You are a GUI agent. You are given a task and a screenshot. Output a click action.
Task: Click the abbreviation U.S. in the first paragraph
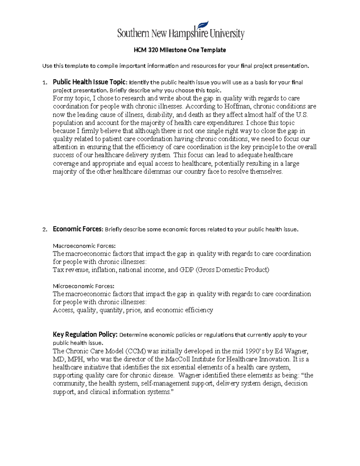coord(302,115)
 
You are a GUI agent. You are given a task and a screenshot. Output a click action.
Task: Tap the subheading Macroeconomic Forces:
coord(84,246)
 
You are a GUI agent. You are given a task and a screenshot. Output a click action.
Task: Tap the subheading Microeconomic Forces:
coord(84,286)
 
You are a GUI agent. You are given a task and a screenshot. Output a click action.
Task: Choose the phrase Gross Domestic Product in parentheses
coord(232,270)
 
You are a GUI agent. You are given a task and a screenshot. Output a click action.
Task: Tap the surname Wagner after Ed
coord(296,351)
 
